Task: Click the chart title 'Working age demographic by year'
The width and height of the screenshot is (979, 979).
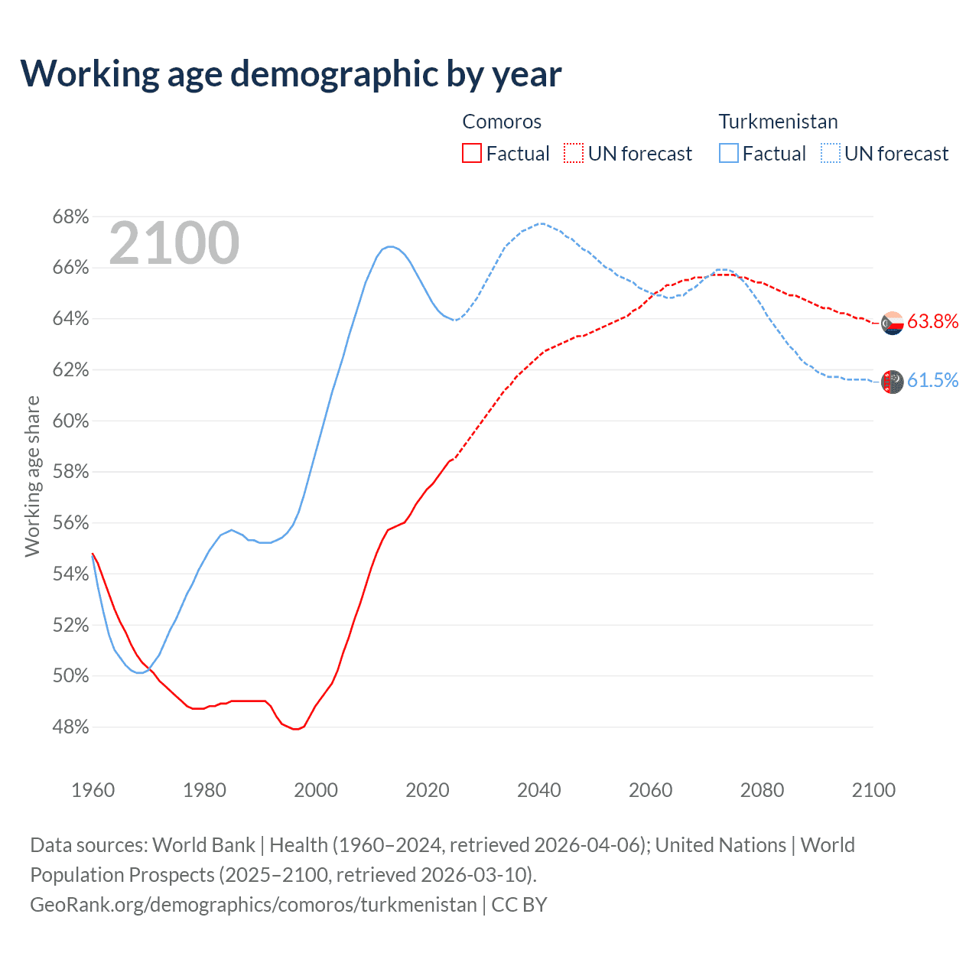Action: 291,73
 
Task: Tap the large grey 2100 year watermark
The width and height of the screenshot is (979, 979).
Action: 174,243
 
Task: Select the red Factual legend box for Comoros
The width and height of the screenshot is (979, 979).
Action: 472,154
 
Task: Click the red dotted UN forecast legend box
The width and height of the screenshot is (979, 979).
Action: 574,154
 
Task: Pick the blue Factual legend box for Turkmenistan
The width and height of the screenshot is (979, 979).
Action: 729,154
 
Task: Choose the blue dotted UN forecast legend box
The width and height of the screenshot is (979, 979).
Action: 831,154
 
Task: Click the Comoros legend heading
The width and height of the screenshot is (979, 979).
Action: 502,122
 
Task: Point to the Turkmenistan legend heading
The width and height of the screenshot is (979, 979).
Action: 778,122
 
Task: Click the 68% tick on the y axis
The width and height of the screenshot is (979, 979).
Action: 70,217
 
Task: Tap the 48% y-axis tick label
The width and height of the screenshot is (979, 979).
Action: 70,727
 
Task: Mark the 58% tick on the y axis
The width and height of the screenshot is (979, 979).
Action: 70,472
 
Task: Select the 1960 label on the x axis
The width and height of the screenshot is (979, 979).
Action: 93,790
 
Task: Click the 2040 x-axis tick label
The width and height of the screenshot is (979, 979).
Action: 538,790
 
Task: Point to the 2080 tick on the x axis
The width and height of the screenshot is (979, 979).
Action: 762,790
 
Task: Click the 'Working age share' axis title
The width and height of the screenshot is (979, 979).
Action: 32,476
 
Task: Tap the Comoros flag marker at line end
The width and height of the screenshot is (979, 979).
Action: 893,324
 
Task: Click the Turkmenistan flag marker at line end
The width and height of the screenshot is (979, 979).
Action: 893,381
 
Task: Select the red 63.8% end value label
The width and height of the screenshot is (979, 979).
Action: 932,322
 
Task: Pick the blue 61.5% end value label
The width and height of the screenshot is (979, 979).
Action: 932,381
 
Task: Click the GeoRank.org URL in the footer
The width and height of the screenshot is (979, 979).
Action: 253,905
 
